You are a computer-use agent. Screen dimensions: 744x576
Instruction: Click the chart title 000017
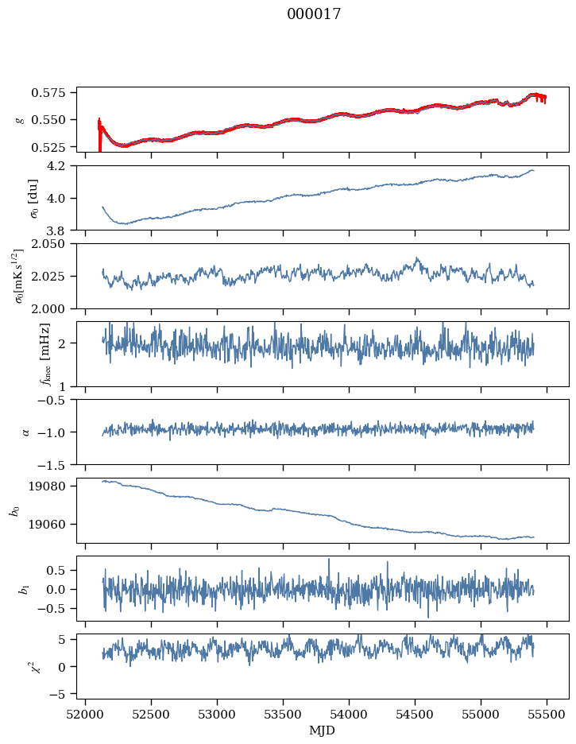(x=314, y=14)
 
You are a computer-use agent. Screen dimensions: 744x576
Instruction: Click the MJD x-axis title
(x=322, y=730)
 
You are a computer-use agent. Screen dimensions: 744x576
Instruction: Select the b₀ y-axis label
(x=14, y=510)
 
